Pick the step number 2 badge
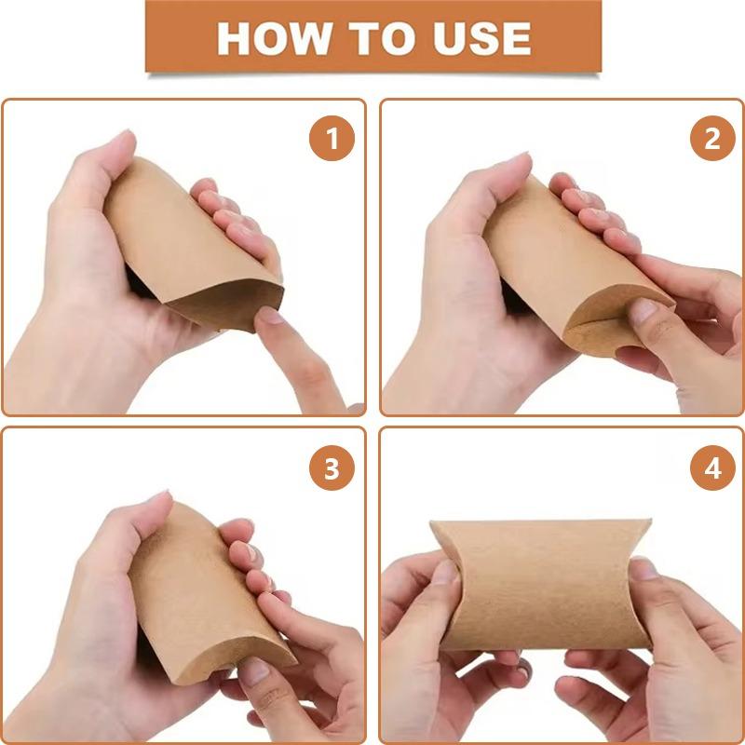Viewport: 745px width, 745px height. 711,140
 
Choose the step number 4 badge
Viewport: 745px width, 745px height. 711,469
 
